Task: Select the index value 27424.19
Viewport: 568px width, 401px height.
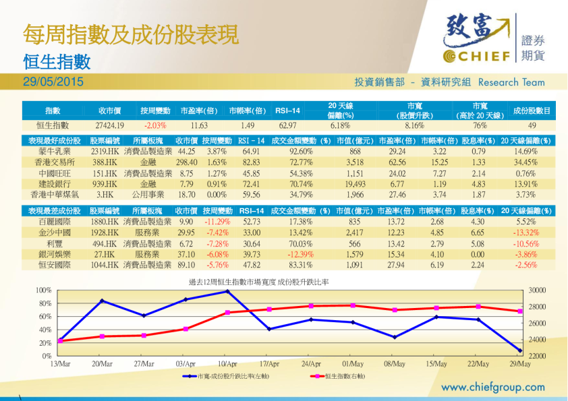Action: point(110,125)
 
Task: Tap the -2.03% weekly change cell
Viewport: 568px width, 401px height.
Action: point(155,125)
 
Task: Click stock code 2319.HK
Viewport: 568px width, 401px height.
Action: point(105,152)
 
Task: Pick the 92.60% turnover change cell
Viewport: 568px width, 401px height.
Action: point(300,152)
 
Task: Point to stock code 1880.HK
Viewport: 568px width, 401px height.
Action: point(105,222)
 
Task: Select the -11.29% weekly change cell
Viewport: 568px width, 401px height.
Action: point(218,222)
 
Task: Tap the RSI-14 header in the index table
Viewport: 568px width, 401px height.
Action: point(287,111)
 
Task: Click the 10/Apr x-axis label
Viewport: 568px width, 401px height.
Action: point(227,365)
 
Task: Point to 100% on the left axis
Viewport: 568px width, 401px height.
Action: point(43,290)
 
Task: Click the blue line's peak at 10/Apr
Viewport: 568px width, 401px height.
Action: point(227,291)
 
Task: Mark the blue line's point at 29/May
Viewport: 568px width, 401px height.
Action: point(519,351)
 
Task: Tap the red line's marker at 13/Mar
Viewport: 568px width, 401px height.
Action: point(60,341)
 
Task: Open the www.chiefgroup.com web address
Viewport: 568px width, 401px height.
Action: point(492,388)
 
